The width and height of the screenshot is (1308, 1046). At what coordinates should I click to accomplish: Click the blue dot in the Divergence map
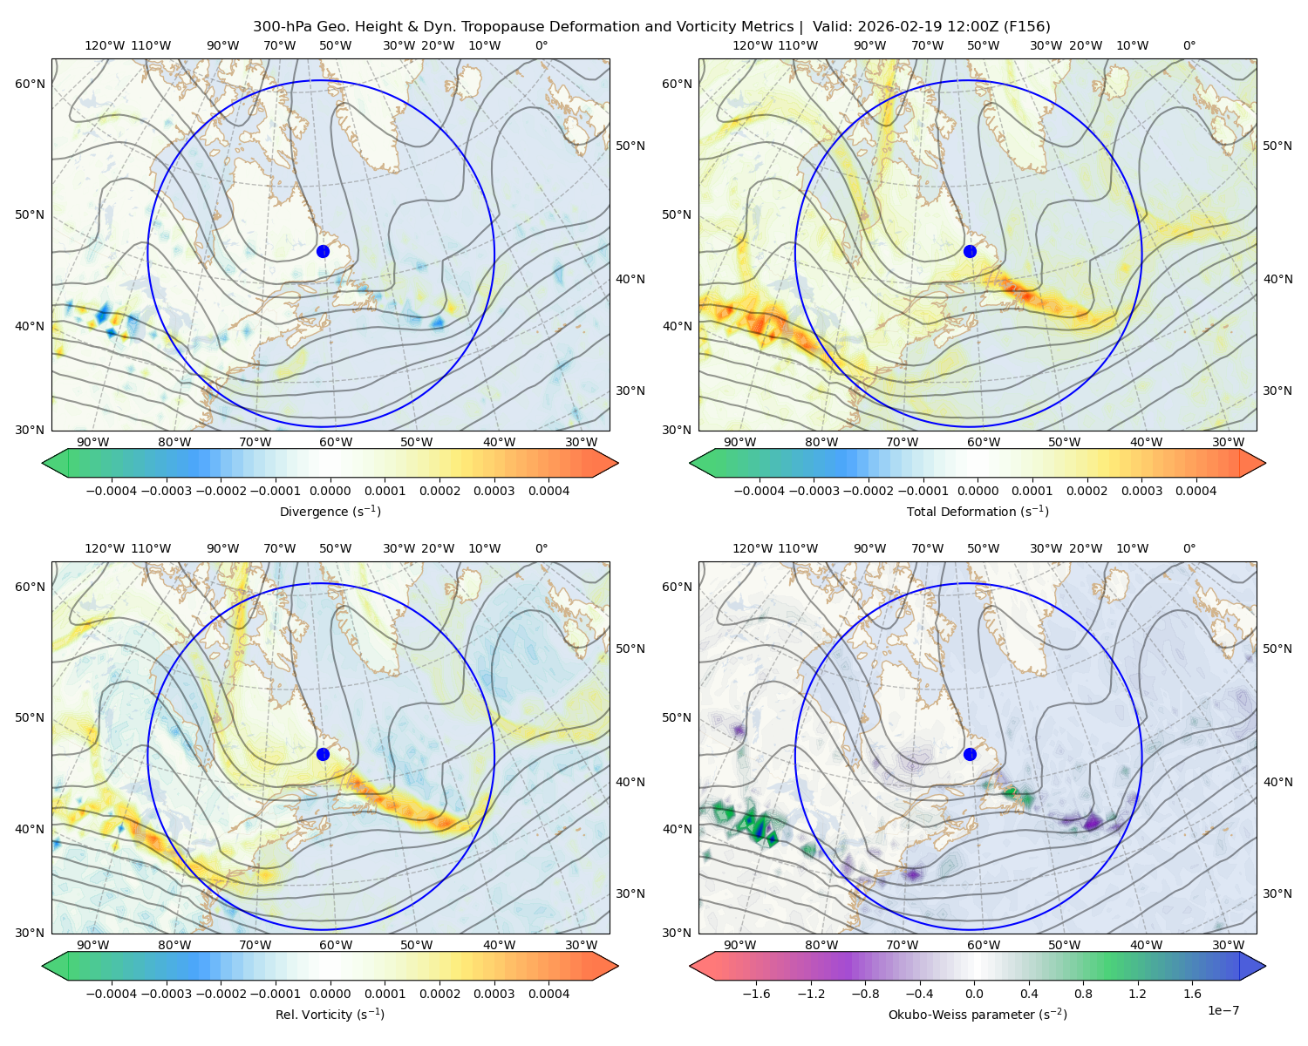click(323, 251)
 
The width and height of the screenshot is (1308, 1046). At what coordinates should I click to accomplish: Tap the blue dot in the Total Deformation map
click(970, 251)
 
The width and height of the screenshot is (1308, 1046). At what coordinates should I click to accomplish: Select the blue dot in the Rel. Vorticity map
click(323, 754)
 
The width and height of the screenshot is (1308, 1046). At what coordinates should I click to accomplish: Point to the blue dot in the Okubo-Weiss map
click(970, 754)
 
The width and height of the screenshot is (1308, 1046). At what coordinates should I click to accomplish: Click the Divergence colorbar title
click(330, 511)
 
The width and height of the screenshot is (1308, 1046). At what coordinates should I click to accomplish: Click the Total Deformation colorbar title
click(978, 511)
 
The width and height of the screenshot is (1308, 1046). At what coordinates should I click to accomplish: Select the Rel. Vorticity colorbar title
click(330, 1014)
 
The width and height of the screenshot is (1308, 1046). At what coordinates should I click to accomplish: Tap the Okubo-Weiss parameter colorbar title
click(978, 1014)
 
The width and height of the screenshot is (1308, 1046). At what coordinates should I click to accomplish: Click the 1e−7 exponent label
click(1223, 1010)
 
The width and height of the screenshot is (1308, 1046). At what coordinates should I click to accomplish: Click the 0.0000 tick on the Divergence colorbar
click(330, 491)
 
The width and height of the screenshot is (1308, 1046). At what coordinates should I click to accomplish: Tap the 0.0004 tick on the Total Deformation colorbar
click(1196, 491)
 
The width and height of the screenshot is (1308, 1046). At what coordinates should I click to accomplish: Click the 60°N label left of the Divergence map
click(30, 84)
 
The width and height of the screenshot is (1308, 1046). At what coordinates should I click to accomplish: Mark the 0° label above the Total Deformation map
click(1189, 45)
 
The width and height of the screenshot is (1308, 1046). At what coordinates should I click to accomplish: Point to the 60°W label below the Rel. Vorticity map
click(336, 945)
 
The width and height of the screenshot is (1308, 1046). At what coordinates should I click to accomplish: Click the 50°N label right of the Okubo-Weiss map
click(1277, 648)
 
